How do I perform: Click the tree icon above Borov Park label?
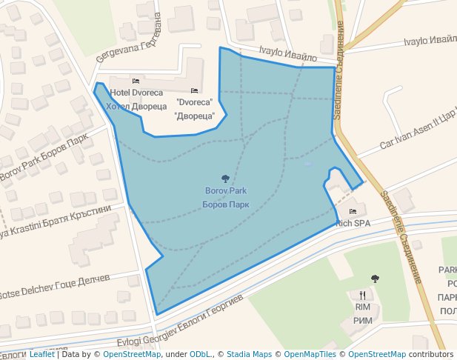[225, 179]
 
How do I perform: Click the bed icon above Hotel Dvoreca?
[136, 81]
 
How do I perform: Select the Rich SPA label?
[353, 223]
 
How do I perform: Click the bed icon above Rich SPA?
[353, 211]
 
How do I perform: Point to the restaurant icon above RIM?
[362, 294]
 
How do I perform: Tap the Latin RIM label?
[362, 307]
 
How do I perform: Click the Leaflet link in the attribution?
[41, 354]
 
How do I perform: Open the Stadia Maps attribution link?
[249, 354]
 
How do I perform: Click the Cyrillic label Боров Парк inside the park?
[225, 204]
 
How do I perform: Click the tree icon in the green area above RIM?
[375, 279]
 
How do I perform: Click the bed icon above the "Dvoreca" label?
[195, 90]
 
